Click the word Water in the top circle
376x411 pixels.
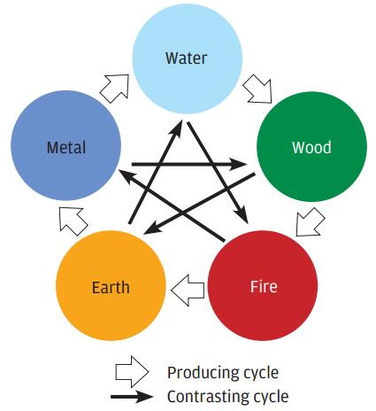coord(186,58)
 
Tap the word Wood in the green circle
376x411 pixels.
coord(311,147)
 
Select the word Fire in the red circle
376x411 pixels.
coord(264,286)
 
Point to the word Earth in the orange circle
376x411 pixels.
coord(111,287)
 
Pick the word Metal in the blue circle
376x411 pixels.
coord(66,147)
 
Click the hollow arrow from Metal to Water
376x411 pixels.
coord(115,88)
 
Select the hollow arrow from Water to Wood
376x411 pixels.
coord(257,89)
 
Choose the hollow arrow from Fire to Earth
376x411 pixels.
coord(188,291)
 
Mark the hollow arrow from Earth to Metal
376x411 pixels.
coord(73,221)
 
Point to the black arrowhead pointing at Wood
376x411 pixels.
coord(238,164)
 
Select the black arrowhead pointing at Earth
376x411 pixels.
coord(152,229)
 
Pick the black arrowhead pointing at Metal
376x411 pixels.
coord(127,175)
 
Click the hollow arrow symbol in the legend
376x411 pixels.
coord(132,372)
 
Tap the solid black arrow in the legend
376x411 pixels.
coord(132,397)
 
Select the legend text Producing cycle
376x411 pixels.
coord(223,373)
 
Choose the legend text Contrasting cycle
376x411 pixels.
coord(228,397)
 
